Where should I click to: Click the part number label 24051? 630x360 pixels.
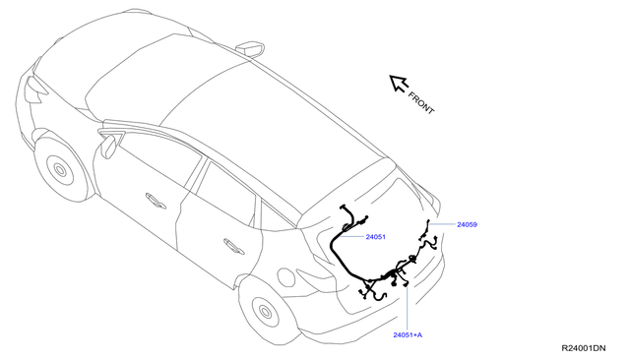pos(375,237)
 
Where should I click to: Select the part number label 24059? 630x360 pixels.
pos(467,224)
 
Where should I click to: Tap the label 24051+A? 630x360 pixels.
pos(407,335)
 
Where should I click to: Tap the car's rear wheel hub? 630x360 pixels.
pos(264,312)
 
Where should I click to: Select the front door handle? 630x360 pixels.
pos(156,201)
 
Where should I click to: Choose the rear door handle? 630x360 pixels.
pos(234,246)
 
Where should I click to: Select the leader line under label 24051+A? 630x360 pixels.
pos(407,305)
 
